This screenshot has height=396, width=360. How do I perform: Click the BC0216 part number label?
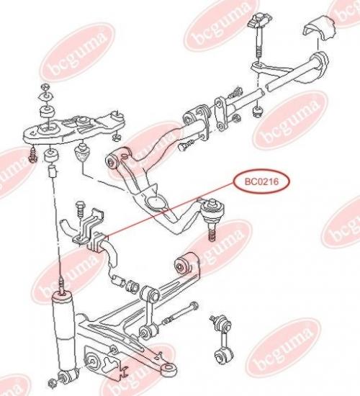(261, 181)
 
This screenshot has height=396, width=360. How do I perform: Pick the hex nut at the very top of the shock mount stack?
(45, 87)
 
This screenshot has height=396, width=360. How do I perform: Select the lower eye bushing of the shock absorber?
(68, 376)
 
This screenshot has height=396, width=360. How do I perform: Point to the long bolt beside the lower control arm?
(181, 313)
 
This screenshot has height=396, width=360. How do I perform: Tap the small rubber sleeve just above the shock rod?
(53, 171)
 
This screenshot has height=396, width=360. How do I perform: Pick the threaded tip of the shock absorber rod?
(62, 284)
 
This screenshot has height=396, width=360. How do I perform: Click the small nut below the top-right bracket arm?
(258, 112)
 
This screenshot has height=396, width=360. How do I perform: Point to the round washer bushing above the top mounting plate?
(48, 112)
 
